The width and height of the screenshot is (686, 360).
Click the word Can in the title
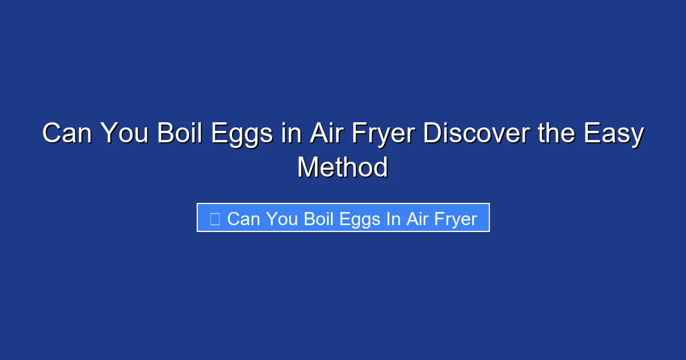point(67,135)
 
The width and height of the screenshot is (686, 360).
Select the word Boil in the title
point(175,135)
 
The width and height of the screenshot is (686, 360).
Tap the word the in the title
point(539,135)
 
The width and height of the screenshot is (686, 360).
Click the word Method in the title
point(342,168)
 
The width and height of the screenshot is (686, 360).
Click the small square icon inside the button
point(215,219)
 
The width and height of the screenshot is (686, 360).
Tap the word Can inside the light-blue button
point(244,219)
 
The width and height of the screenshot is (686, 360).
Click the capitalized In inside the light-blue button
point(393,219)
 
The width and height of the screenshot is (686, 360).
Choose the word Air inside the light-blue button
point(417,219)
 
